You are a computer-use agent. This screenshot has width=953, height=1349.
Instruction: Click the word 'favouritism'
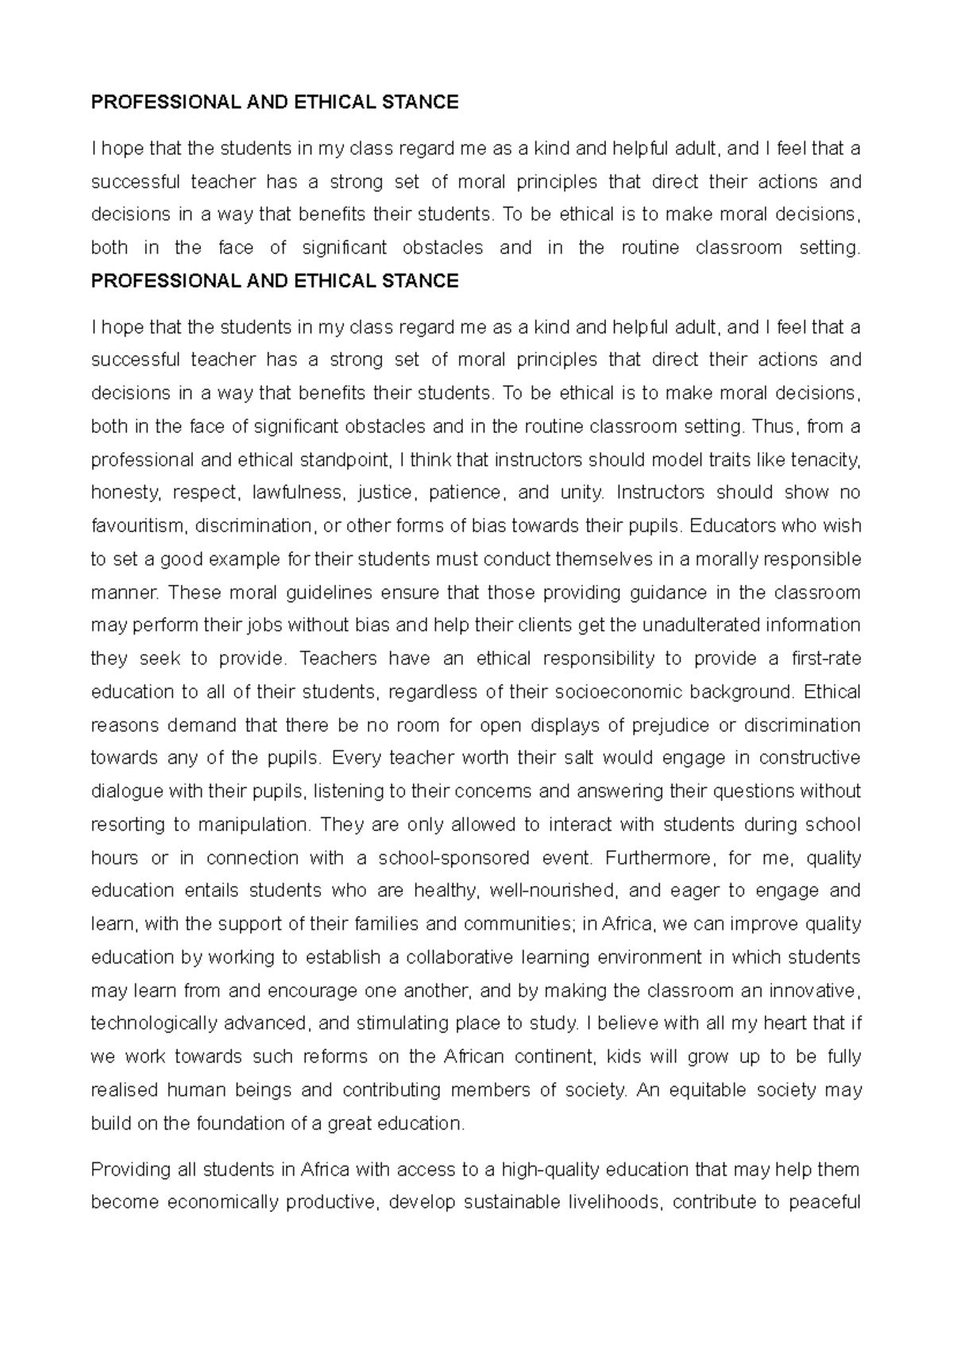pos(137,526)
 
